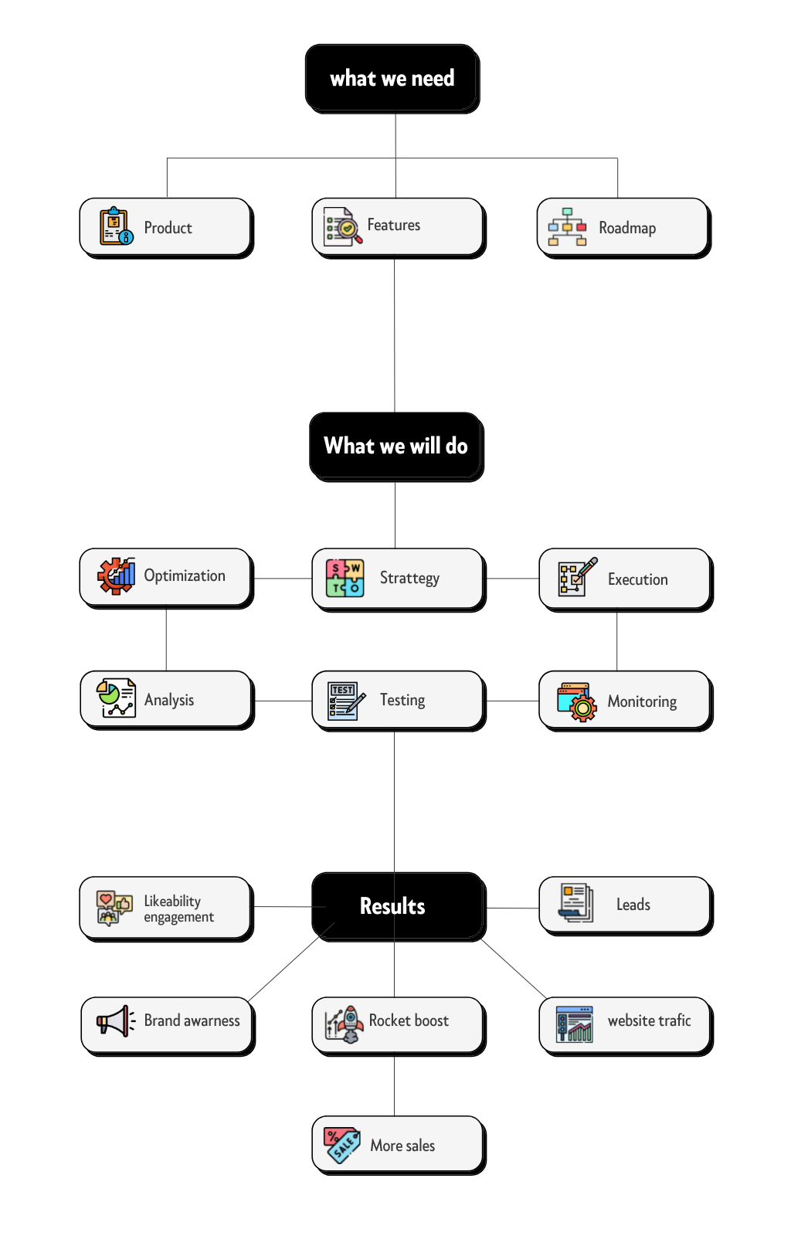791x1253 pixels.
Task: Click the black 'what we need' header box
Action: pos(392,78)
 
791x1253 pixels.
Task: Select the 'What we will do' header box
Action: pos(396,447)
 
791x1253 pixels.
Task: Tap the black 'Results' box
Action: pos(399,906)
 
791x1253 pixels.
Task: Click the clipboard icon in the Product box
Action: pos(117,226)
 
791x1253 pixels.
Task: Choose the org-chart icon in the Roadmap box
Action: pos(567,226)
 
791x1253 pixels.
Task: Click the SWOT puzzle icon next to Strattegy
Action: pos(345,578)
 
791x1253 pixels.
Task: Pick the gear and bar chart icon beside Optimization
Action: pos(117,576)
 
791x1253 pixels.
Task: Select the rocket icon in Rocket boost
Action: pos(344,1024)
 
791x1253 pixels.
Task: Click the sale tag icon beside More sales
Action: pos(341,1145)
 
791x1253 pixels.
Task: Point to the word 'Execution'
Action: pos(638,579)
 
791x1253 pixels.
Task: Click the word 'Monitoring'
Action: pos(642,701)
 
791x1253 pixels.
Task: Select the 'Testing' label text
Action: pos(402,701)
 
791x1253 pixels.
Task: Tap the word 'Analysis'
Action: pos(169,701)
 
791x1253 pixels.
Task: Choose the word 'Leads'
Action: pos(633,905)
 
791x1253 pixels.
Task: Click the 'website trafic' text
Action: pos(650,1020)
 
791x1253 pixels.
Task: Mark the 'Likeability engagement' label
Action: pos(179,909)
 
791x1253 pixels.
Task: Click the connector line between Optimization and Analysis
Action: pos(166,640)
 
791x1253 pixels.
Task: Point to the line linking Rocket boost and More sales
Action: pos(395,1085)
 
